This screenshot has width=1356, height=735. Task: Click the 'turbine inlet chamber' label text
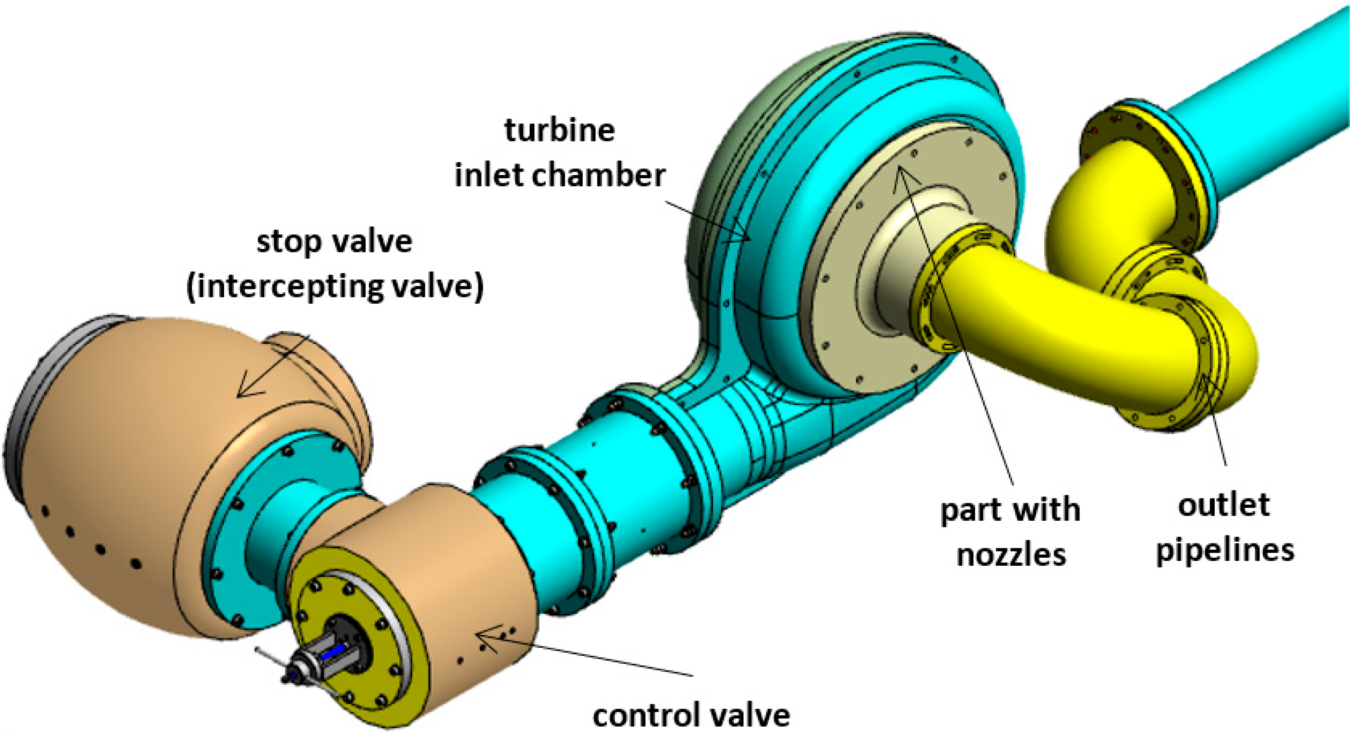pyautogui.click(x=560, y=153)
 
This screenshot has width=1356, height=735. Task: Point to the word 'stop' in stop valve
pyautogui.click(x=289, y=242)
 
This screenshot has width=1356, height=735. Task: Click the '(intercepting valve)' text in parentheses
pyautogui.click(x=335, y=287)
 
